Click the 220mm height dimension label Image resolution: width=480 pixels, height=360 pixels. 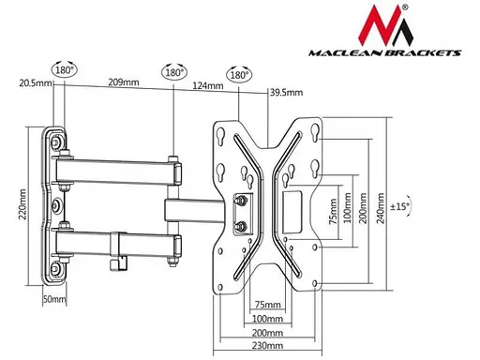pyautogui.click(x=23, y=204)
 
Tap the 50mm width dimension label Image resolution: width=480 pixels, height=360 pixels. pyautogui.click(x=54, y=299)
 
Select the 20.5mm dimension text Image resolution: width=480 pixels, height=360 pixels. pyautogui.click(x=35, y=83)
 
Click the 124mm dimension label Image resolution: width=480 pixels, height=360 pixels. pyautogui.click(x=208, y=85)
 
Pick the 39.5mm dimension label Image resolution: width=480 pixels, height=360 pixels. pyautogui.click(x=286, y=93)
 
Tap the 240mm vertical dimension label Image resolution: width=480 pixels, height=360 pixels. pyautogui.click(x=381, y=208)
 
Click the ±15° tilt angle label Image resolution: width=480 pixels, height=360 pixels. pyautogui.click(x=400, y=206)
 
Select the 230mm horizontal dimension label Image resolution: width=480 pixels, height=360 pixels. pyautogui.click(x=267, y=346)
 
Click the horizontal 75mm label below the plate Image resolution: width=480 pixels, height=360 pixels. pyautogui.click(x=267, y=305)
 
